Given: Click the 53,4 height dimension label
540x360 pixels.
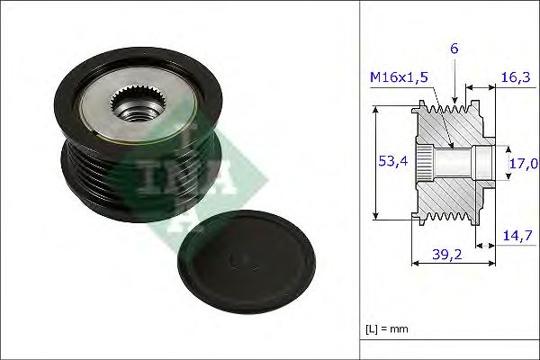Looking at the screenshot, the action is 392,162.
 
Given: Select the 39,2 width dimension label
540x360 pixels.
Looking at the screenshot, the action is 447,255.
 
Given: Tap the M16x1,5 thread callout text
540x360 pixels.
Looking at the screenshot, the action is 399,77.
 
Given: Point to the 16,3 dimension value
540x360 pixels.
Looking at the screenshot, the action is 516,77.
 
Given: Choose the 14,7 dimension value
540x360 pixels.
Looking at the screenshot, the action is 517,236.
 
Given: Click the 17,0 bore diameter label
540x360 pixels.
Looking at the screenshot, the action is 524,163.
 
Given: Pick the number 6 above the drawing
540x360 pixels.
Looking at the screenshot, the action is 454,49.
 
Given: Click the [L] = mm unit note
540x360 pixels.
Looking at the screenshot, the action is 387,329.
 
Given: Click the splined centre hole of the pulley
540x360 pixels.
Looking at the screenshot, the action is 139,103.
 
